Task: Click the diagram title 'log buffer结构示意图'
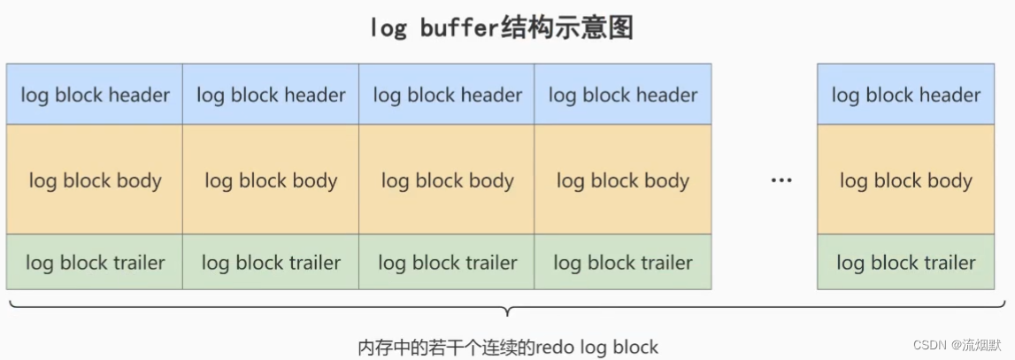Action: point(502,28)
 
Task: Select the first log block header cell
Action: point(95,95)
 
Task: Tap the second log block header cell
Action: point(271,95)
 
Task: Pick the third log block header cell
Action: point(447,95)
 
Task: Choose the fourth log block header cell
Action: point(623,95)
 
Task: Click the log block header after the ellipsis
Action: point(906,95)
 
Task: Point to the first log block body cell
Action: point(95,180)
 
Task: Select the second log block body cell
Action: point(271,180)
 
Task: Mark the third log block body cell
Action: point(447,180)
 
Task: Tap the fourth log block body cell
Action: point(623,180)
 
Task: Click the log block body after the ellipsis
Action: point(906,180)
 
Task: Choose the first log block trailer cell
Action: point(95,262)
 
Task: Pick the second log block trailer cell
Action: point(271,262)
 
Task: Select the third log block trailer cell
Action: point(447,262)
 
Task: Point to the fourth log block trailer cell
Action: point(623,262)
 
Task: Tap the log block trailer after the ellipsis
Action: point(906,262)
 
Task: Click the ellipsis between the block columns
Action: point(780,180)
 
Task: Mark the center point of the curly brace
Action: point(506,310)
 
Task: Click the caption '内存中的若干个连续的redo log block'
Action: point(507,346)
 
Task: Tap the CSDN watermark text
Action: point(962,344)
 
